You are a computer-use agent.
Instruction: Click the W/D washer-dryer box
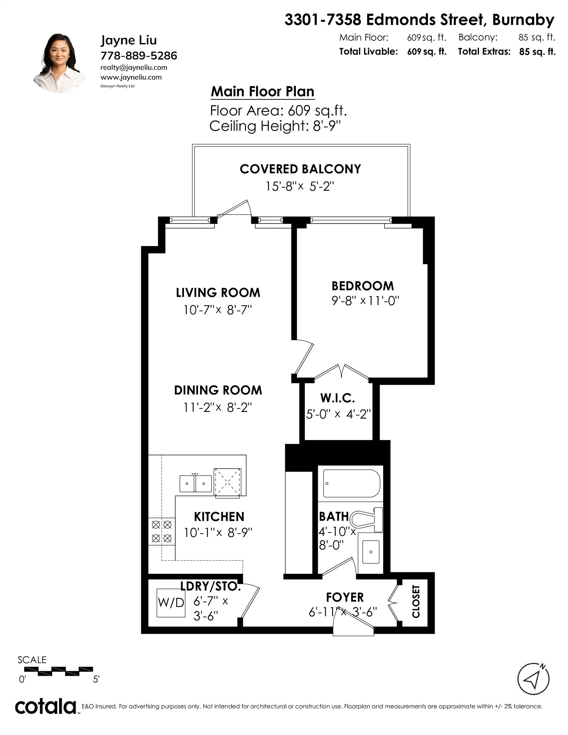pos(171,602)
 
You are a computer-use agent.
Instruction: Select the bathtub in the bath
pos(352,483)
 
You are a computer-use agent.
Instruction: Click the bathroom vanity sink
pos(371,552)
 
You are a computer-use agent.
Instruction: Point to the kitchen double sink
pos(195,484)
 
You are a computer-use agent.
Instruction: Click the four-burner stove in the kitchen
pos(161,531)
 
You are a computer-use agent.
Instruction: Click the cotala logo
pos(45,706)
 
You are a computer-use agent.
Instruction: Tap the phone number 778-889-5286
pos(139,56)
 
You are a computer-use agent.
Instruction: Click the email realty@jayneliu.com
pos(134,67)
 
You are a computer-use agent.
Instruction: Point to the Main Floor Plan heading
pos(262,92)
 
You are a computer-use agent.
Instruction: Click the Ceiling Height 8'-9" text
pos(275,126)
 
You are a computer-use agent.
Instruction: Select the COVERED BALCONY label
pos(300,169)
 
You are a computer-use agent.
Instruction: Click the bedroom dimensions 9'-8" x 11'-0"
pos(365,300)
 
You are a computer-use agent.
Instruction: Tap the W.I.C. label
pos(337,398)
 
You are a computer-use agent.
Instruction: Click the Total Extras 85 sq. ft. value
pos(537,52)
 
